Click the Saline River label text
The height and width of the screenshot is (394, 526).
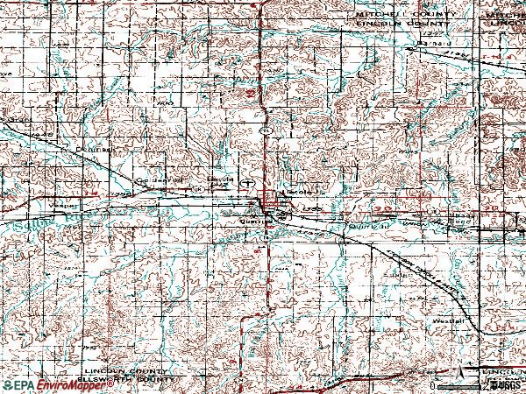26,226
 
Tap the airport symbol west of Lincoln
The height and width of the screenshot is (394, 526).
250,184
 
